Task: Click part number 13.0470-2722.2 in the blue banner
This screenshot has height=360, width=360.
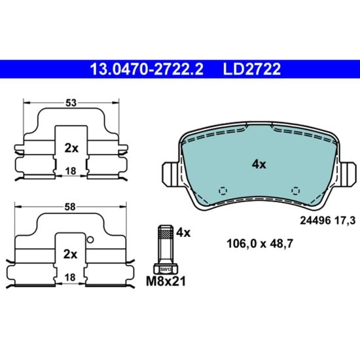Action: (147, 69)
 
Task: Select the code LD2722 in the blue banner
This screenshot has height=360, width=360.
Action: (251, 69)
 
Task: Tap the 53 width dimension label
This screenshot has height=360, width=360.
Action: (71, 103)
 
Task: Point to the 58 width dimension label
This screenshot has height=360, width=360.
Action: (70, 207)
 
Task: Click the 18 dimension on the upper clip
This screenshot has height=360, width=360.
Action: (71, 171)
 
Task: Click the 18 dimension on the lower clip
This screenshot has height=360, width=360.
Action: (70, 278)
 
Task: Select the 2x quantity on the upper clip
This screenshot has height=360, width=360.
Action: (71, 149)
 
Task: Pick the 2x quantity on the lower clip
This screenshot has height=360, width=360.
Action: (70, 255)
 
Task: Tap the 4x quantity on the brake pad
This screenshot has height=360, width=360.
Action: (259, 164)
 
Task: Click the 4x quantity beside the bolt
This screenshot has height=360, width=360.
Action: (183, 233)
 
